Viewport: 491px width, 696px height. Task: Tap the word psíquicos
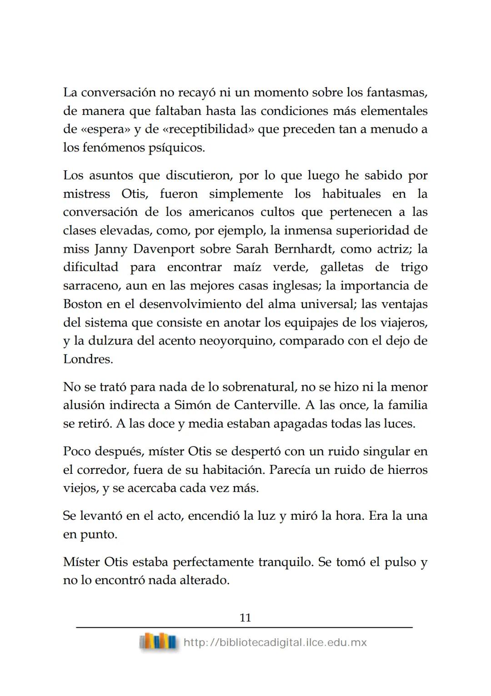point(177,148)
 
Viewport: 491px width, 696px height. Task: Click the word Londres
point(88,359)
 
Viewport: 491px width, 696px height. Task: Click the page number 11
point(245,617)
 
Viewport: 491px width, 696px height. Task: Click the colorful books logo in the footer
point(158,642)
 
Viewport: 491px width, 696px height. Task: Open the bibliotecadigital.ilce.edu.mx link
point(275,642)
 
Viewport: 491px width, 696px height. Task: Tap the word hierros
point(407,470)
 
